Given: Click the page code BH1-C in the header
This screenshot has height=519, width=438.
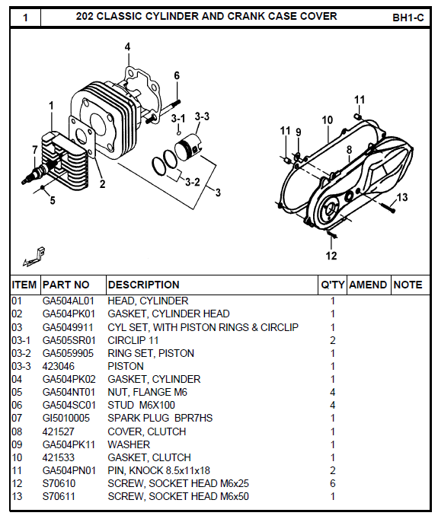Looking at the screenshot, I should point(408,17).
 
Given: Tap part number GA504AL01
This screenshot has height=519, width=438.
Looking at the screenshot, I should point(68,301).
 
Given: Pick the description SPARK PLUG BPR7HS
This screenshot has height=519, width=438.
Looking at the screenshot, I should point(160,418).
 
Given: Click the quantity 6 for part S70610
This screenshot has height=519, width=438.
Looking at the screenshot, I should point(333,483).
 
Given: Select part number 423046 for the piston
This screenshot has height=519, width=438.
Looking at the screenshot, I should point(57,366).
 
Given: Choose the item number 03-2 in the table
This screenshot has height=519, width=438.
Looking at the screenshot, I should point(21,353).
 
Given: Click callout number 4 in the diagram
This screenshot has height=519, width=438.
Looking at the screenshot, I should point(127,46).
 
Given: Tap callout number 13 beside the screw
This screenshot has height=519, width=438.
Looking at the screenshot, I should point(402,197).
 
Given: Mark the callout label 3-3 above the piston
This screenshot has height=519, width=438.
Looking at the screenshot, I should point(202,116).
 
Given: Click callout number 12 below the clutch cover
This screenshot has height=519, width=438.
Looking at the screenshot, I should point(331,255).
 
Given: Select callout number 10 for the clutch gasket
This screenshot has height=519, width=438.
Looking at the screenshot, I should point(328,120).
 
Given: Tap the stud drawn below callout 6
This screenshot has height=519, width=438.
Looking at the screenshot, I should point(175,99).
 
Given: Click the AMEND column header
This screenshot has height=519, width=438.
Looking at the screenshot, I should point(368,285).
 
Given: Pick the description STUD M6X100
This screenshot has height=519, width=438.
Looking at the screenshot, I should point(142,405).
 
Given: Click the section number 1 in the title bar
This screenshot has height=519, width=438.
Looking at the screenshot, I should point(25,17).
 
